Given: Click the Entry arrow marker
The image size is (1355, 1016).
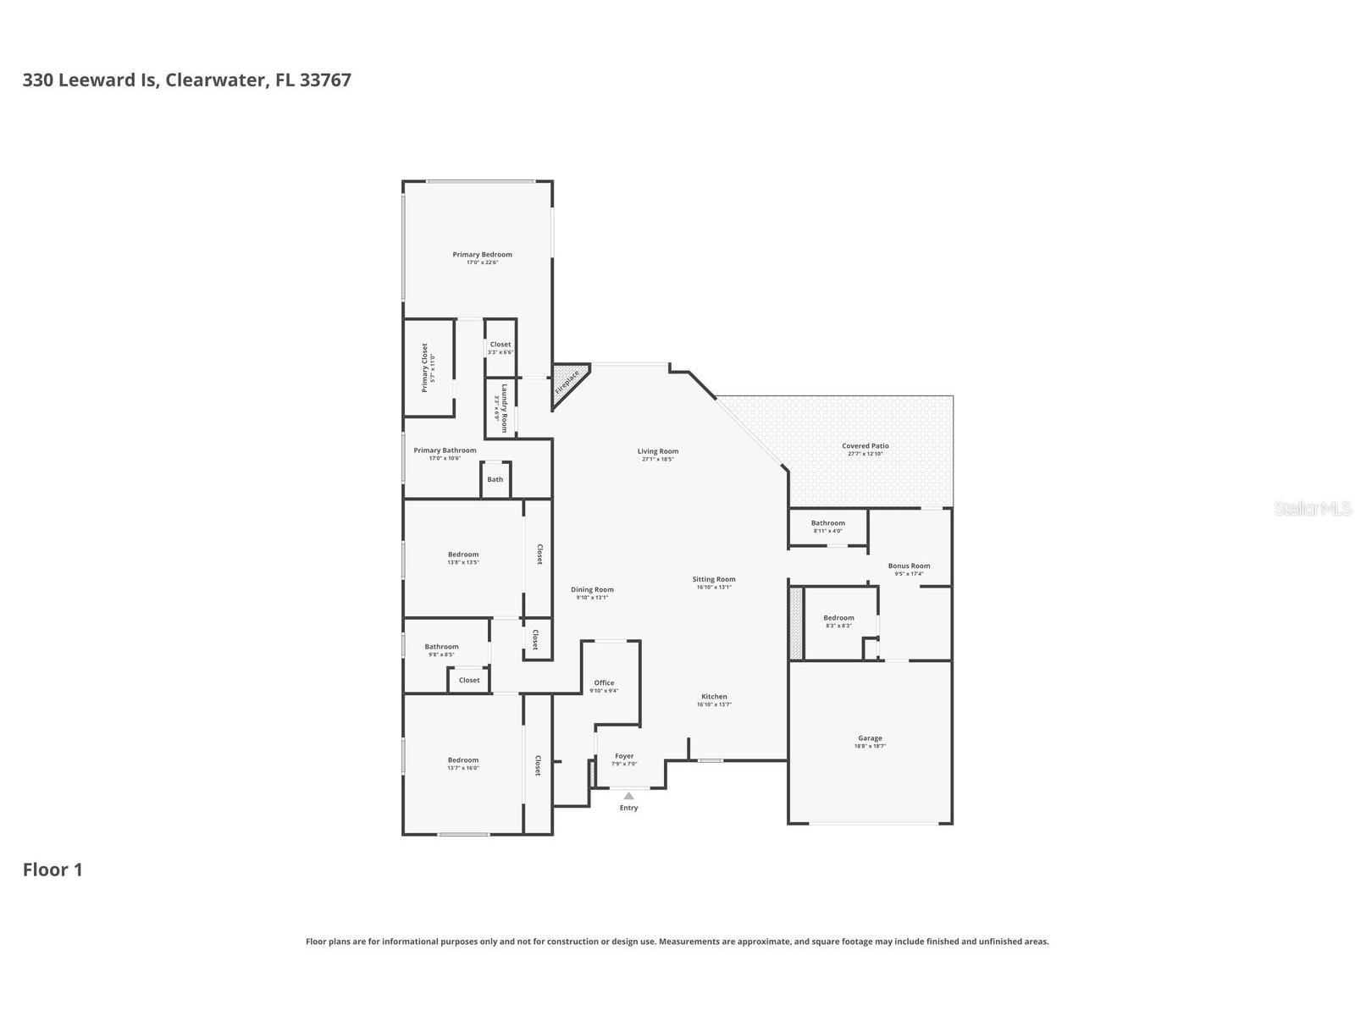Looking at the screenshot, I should click(x=628, y=796).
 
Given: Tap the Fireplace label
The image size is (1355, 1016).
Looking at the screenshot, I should click(x=567, y=383).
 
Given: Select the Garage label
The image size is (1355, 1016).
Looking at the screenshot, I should click(x=870, y=738).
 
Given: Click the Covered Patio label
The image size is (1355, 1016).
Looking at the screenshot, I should click(x=865, y=446).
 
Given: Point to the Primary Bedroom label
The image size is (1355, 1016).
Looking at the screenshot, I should click(x=482, y=255).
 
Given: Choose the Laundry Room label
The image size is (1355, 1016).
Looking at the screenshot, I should click(x=504, y=408).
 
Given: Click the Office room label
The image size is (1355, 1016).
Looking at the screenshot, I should click(x=604, y=682).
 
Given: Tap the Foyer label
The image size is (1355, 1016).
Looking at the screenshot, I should click(x=624, y=756).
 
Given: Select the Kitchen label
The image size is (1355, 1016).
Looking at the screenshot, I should click(x=714, y=697).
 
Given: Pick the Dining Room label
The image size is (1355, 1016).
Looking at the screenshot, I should click(x=592, y=589).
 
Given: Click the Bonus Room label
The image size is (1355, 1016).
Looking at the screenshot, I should click(x=909, y=566).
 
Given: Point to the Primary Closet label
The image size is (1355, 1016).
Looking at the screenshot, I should click(x=425, y=367).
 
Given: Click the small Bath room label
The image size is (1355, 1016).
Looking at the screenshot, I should click(x=495, y=479).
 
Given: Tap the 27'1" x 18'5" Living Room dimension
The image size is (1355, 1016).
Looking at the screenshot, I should click(x=658, y=459).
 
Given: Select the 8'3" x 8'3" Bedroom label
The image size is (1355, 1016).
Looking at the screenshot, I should click(x=838, y=618).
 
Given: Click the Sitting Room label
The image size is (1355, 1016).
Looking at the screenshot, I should click(x=714, y=579).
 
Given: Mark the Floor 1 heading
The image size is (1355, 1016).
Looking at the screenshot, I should click(x=53, y=870).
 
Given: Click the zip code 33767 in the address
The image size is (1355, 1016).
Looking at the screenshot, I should click(x=325, y=80).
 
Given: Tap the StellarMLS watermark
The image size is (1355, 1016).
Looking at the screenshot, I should click(x=1313, y=509).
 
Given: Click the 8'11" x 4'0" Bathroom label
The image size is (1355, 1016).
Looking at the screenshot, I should click(x=827, y=523).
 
